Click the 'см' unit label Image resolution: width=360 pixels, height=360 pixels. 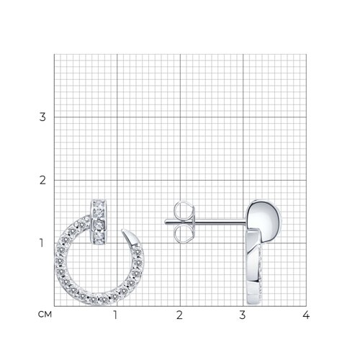click(45, 315)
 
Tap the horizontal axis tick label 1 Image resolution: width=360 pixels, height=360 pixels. click(115, 315)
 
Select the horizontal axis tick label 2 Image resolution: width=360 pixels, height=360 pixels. click(179, 315)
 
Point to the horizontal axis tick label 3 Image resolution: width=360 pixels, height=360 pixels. click(243, 315)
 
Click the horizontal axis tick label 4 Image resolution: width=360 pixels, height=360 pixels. click(306, 315)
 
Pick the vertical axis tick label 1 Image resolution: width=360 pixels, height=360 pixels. click(42, 243)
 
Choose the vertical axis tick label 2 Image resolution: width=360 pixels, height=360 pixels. click(42, 180)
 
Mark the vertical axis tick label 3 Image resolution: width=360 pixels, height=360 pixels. click(42, 117)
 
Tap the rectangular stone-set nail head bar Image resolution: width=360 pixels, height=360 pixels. click(99, 222)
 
